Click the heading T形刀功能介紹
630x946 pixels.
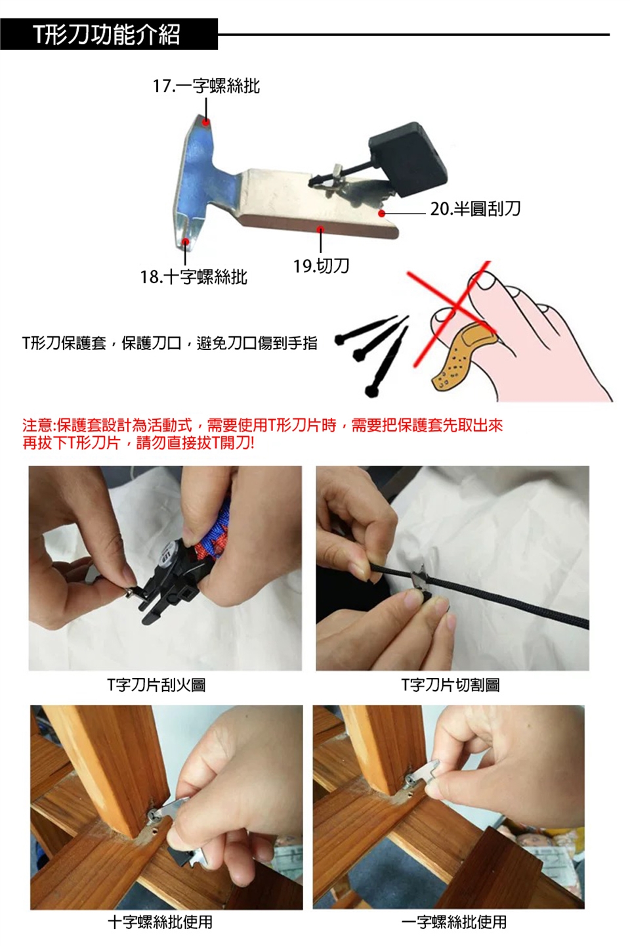tap(107, 35)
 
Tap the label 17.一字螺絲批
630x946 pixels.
tap(206, 86)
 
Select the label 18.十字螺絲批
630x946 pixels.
tap(194, 277)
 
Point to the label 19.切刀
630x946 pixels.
tap(322, 265)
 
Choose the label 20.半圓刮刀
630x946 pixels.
tap(476, 209)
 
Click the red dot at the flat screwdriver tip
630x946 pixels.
tap(206, 122)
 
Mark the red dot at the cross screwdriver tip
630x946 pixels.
tap(185, 241)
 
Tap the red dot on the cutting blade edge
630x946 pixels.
tap(321, 229)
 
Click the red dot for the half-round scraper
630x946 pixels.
tap(381, 214)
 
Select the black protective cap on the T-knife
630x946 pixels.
tap(408, 160)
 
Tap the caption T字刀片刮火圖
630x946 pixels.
tap(156, 685)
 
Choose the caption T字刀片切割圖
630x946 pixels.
tap(451, 685)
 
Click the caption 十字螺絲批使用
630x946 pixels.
tap(160, 922)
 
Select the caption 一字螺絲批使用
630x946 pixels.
tap(454, 922)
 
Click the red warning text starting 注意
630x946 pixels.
tap(262, 434)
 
